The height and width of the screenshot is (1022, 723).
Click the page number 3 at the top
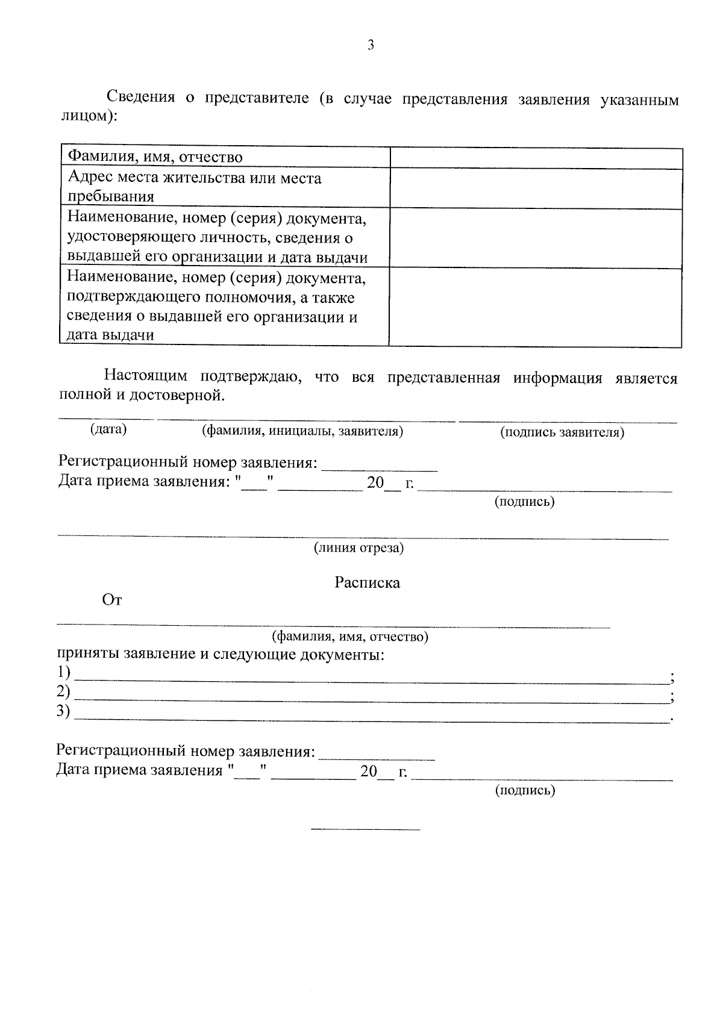371,45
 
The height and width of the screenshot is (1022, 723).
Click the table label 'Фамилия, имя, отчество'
155,158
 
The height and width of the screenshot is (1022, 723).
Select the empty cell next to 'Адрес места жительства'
536,188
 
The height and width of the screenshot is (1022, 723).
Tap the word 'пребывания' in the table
110,197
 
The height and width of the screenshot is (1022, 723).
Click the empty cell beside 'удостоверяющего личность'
536,238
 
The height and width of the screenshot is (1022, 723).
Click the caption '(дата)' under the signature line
108,429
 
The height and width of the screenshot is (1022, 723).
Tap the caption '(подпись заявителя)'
562,432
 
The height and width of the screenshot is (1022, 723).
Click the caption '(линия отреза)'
358,548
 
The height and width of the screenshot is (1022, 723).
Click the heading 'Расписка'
367,583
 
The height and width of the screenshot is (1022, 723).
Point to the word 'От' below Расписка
112,601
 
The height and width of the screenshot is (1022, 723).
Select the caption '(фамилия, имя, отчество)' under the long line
350,637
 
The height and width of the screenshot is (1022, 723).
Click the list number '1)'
63,673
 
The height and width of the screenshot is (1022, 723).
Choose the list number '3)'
63,711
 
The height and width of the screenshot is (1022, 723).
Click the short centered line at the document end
365,830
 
